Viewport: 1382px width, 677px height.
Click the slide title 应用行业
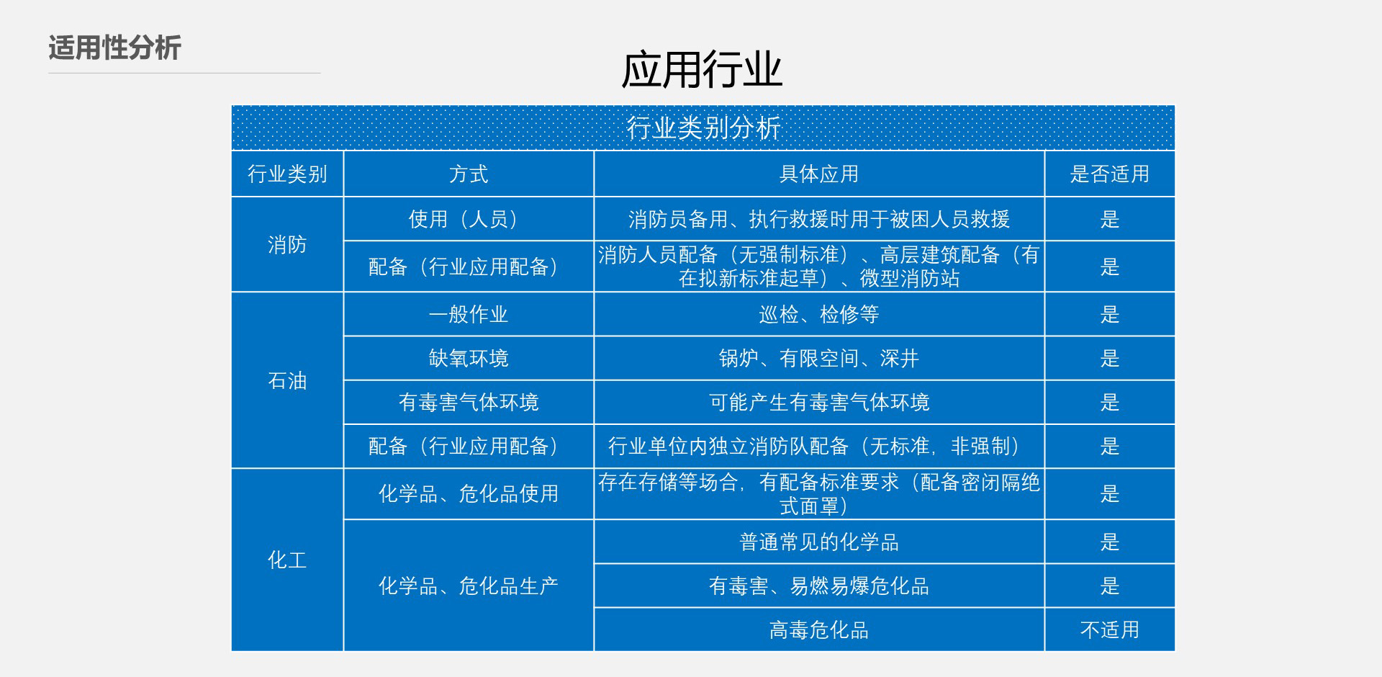click(702, 70)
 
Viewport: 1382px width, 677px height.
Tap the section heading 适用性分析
click(114, 48)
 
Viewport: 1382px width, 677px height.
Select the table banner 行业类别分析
click(703, 128)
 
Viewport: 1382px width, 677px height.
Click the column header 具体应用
click(819, 174)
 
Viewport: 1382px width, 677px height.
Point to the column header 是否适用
click(1110, 174)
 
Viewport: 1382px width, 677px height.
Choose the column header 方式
click(469, 174)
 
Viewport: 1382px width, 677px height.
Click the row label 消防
click(287, 245)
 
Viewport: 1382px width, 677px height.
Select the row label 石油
click(287, 380)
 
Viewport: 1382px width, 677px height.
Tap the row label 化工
click(287, 560)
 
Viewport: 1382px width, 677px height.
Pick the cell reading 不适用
click(1110, 630)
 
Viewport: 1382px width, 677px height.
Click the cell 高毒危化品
click(819, 630)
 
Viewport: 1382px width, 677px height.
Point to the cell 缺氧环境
click(469, 358)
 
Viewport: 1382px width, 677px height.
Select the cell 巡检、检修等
click(819, 314)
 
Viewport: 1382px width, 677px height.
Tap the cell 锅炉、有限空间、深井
click(819, 358)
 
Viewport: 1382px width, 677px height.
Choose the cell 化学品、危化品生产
click(469, 586)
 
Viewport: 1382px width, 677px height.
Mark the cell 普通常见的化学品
click(819, 542)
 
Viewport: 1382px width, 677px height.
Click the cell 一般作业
click(469, 314)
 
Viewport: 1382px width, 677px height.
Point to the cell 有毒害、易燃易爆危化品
click(819, 586)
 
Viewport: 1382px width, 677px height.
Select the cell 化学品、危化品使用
click(469, 494)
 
